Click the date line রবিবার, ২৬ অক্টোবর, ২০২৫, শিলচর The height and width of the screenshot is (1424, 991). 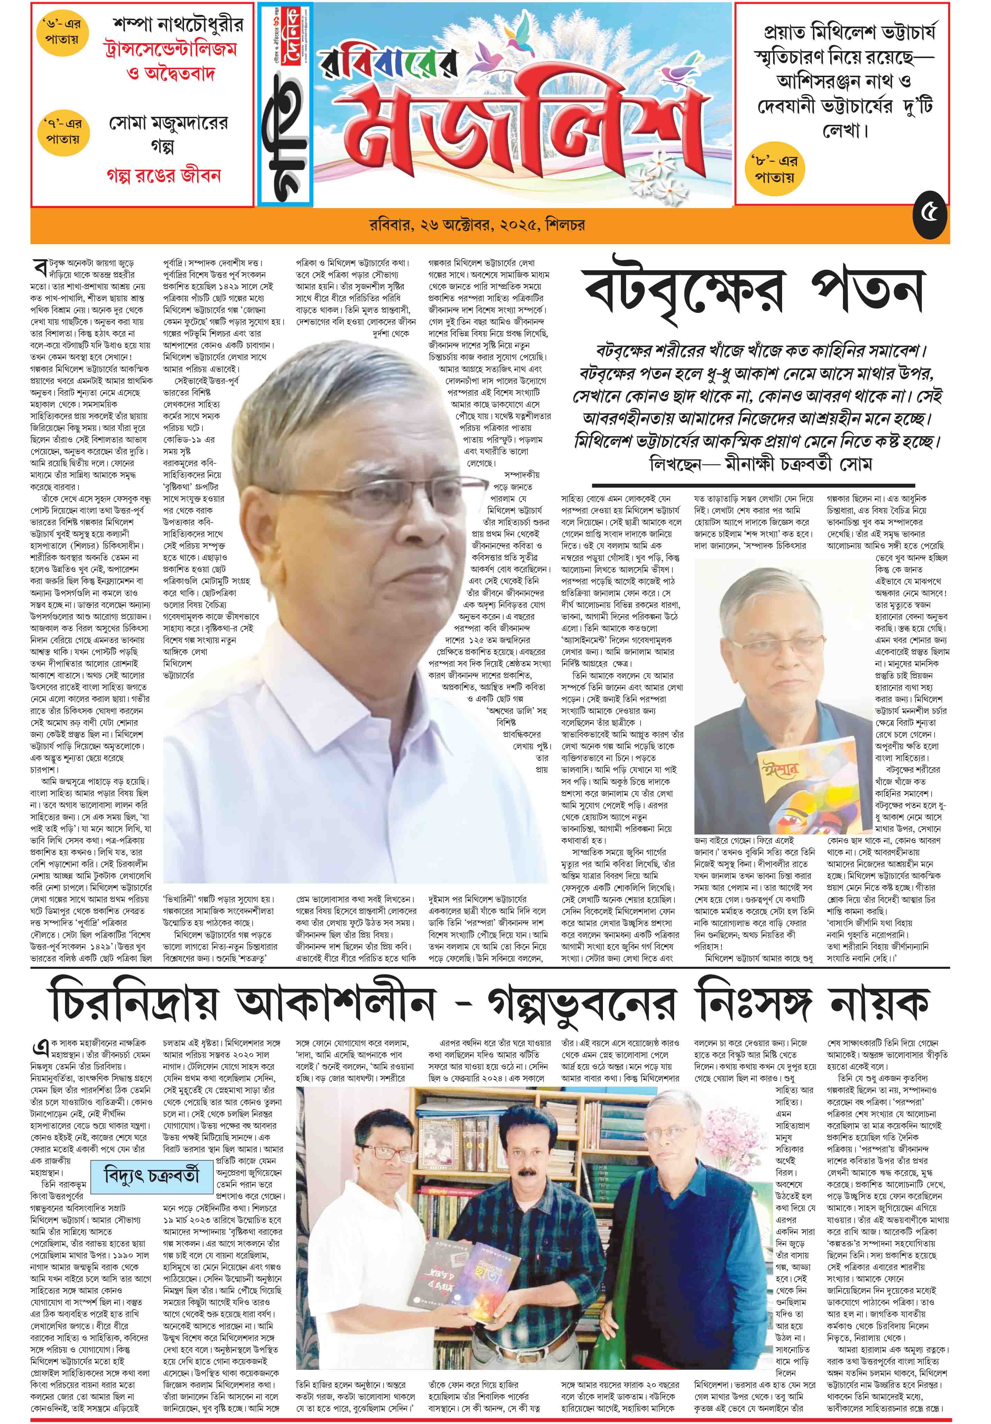477,225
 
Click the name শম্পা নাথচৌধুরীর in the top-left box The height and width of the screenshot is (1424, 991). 178,25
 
